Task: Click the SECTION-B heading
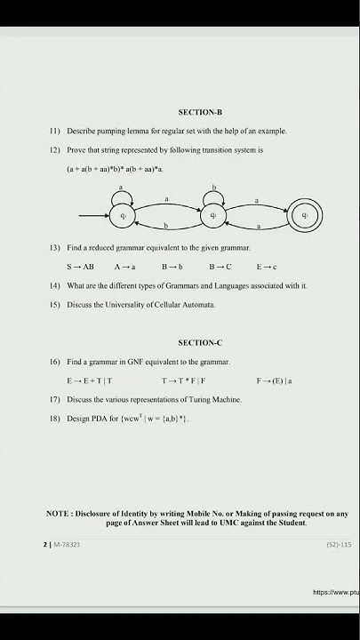click(199, 113)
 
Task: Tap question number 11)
click(54, 131)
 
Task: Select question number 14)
click(54, 285)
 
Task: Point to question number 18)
click(54, 418)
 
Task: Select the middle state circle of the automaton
click(214, 215)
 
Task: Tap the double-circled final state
click(305, 215)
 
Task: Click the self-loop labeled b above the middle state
click(214, 195)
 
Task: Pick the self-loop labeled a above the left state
click(123, 195)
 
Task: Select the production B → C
click(220, 267)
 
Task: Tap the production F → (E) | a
click(275, 380)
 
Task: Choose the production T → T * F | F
click(184, 380)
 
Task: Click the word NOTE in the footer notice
click(59, 514)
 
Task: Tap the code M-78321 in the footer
click(68, 543)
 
